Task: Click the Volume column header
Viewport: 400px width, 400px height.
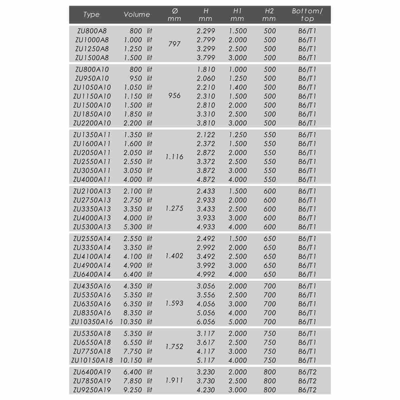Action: [137, 15]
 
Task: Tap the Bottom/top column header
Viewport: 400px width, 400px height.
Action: [307, 15]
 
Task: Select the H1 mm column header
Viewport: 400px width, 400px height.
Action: [237, 15]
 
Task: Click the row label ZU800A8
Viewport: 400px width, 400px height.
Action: [92, 31]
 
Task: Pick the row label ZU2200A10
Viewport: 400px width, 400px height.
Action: [92, 123]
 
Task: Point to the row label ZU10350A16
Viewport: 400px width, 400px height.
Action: [92, 322]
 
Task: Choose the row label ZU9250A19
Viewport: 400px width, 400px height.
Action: [92, 390]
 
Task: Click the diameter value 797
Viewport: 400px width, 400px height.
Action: [174, 44]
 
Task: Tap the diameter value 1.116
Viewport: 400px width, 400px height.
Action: [174, 157]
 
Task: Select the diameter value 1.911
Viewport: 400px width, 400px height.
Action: [174, 381]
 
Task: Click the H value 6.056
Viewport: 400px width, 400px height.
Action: [206, 322]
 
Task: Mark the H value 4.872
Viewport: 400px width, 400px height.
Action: [206, 180]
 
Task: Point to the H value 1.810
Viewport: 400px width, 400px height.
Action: [206, 70]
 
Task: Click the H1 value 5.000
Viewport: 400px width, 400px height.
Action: [238, 322]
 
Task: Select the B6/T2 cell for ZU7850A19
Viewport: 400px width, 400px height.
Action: [307, 381]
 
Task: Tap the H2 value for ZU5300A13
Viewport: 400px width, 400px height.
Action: [270, 227]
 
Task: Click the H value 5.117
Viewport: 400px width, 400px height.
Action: [206, 361]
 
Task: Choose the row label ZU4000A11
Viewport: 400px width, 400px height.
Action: [92, 180]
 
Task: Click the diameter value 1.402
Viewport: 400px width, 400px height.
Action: [174, 256]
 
